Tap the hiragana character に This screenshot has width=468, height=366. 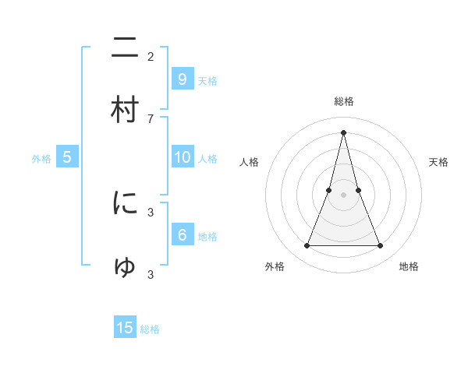click(x=125, y=203)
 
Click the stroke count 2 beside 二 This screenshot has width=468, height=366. click(x=151, y=56)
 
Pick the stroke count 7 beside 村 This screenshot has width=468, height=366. click(x=151, y=118)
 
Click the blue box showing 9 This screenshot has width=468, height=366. click(x=182, y=79)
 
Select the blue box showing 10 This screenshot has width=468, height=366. click(x=182, y=157)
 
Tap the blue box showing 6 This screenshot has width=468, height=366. click(x=182, y=235)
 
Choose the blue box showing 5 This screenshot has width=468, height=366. click(x=67, y=157)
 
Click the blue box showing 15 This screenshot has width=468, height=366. click(x=125, y=328)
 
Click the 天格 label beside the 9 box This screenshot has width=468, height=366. click(x=207, y=80)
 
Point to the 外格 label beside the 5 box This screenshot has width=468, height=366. click(x=41, y=159)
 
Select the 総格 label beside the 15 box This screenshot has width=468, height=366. click(x=150, y=329)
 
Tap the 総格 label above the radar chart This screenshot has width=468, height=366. click(x=343, y=101)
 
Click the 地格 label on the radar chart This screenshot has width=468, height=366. click(x=409, y=266)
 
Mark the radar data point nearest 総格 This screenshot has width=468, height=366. click(x=343, y=132)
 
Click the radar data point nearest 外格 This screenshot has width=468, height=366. click(x=307, y=246)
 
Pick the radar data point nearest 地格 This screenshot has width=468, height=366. click(x=381, y=246)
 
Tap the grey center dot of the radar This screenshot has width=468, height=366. click(x=343, y=195)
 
